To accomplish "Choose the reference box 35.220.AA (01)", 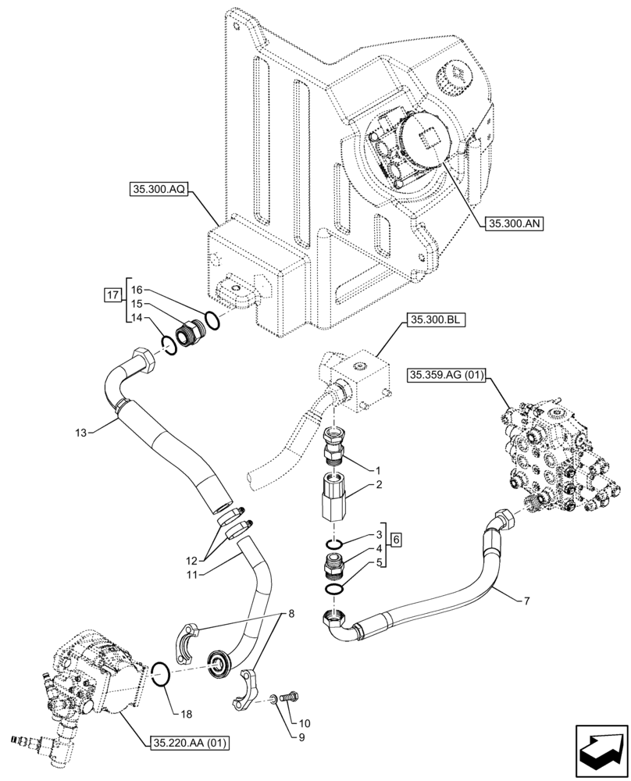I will [x=188, y=742].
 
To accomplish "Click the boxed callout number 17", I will [x=113, y=294].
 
